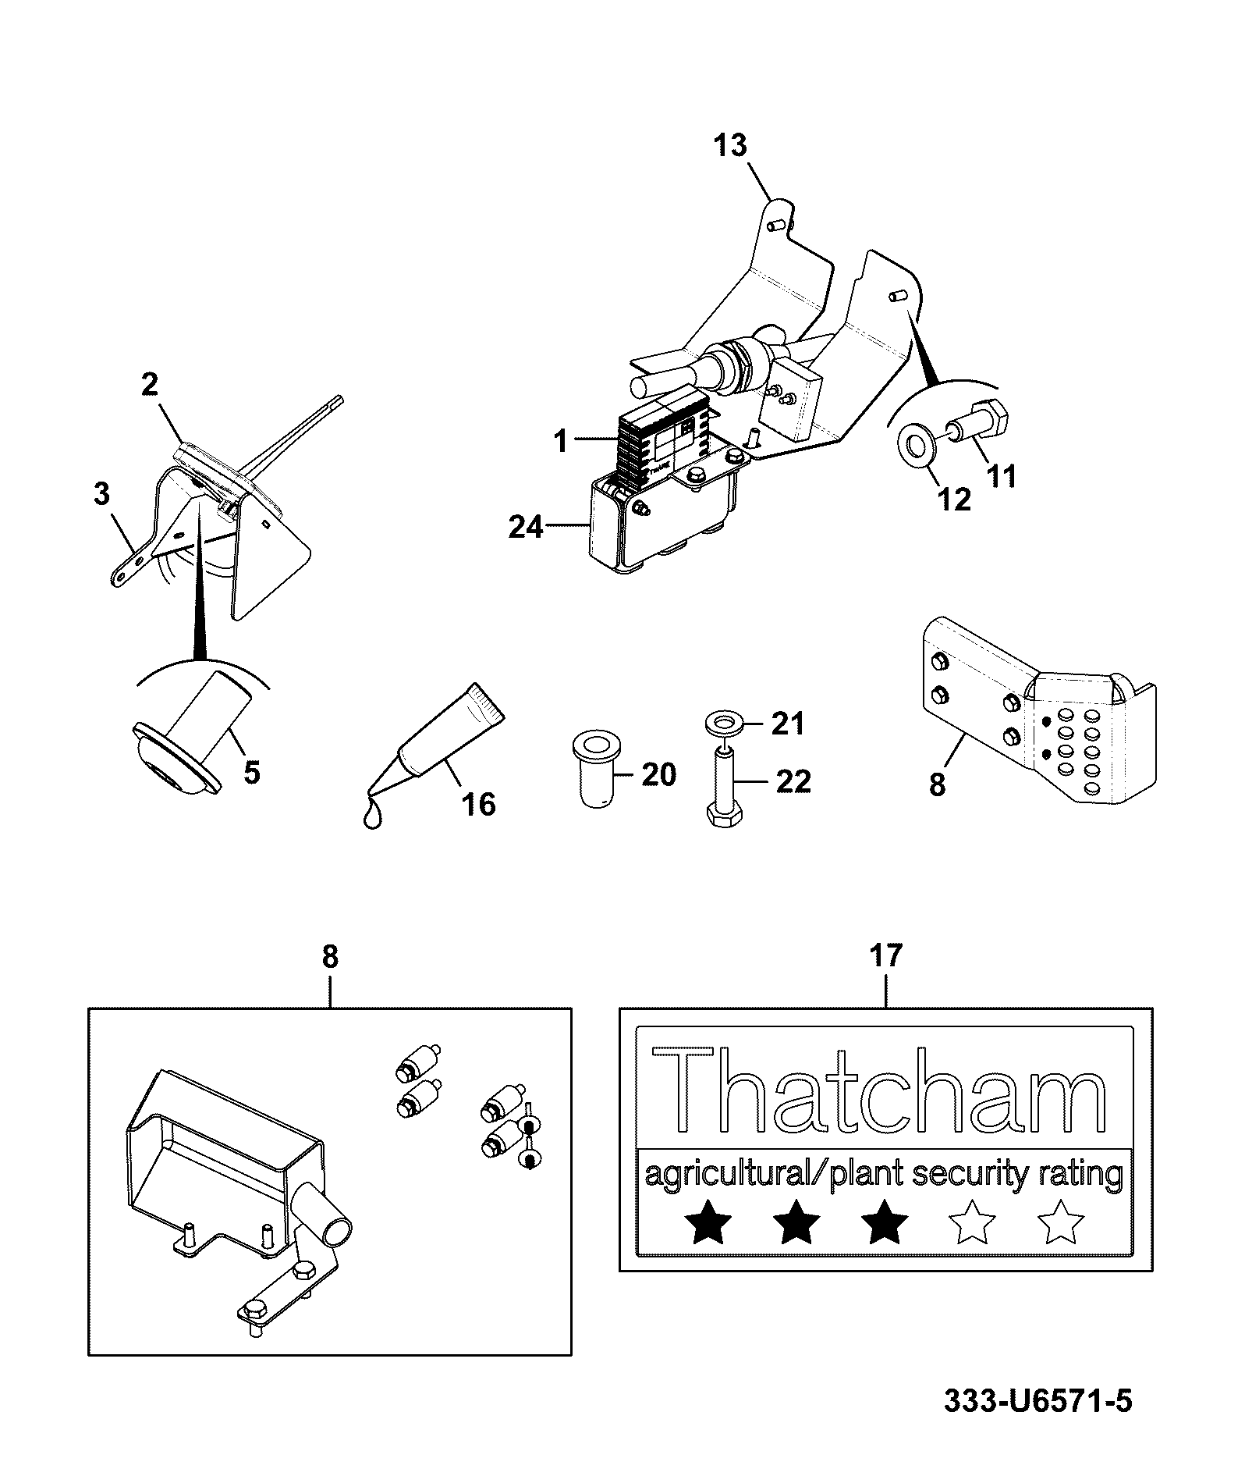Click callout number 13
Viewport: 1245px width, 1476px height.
pyautogui.click(x=730, y=145)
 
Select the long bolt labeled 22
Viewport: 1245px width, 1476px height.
pyautogui.click(x=726, y=784)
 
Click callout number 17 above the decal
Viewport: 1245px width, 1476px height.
pyautogui.click(x=885, y=955)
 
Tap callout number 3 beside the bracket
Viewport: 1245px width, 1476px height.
pyautogui.click(x=101, y=493)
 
